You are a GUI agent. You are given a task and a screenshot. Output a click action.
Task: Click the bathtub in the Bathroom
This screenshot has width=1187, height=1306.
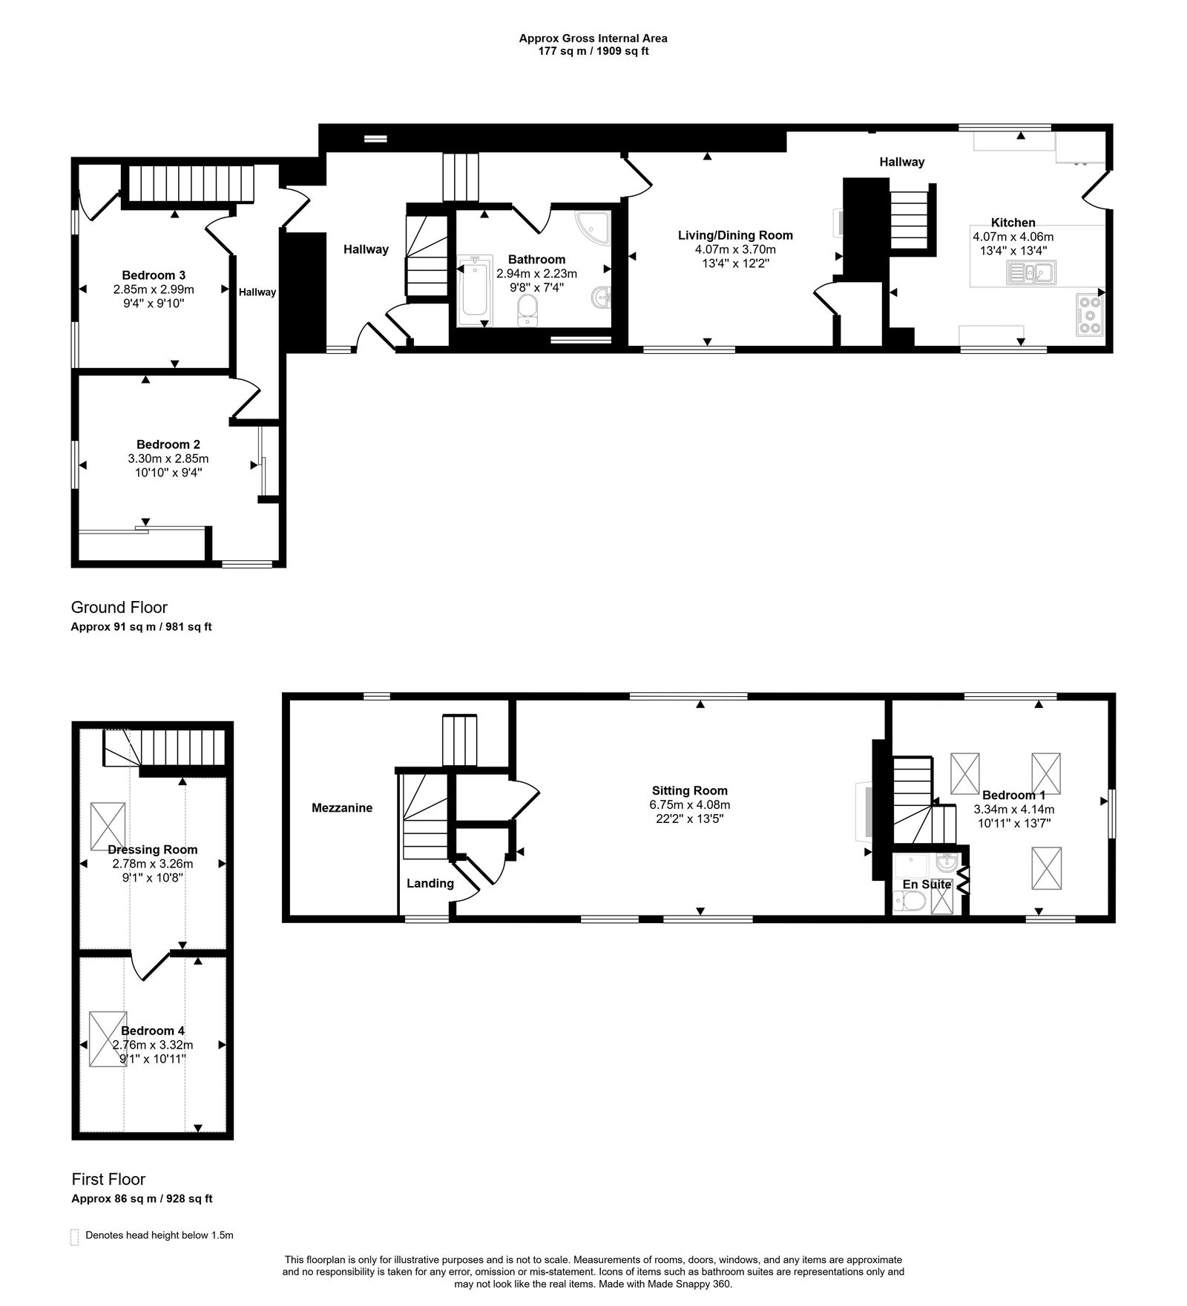[473, 291]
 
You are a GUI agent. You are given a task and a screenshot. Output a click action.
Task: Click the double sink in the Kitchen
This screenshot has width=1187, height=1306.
[1031, 272]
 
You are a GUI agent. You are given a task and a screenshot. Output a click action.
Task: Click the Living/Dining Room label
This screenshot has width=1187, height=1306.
[735, 235]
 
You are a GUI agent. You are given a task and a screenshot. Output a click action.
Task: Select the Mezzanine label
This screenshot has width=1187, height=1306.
[342, 807]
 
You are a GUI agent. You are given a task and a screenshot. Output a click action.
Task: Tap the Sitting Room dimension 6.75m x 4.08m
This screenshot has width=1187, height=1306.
[690, 804]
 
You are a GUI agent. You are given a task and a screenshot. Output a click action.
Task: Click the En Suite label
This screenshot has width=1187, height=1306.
[927, 884]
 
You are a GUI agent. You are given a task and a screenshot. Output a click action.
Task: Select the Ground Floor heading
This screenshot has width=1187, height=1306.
[119, 607]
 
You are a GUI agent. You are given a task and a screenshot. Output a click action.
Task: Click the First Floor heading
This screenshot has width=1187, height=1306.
[108, 1179]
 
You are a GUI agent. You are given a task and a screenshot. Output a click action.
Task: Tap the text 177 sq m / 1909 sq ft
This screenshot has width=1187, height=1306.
[593, 51]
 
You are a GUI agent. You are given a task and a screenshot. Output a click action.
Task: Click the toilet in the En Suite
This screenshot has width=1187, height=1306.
[912, 902]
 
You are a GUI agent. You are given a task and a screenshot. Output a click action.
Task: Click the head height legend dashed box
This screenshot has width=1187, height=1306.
[74, 1236]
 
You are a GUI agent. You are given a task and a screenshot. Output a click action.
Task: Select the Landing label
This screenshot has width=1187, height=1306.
[430, 883]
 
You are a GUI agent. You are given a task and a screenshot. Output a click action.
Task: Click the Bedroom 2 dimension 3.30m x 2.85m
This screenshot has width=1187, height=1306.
[168, 459]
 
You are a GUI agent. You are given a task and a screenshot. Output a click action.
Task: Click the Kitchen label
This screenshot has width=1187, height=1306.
[1013, 222]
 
